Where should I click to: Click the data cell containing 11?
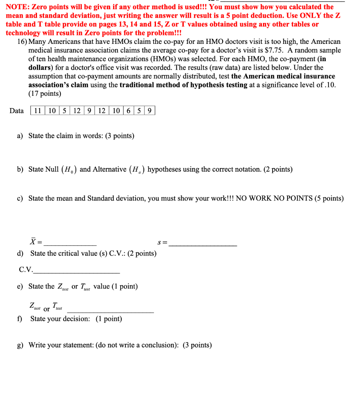click(x=38, y=111)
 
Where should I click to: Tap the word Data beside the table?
click(x=17, y=111)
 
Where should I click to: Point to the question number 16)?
click(x=22, y=42)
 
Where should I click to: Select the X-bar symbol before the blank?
click(x=33, y=242)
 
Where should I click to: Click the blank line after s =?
click(x=203, y=245)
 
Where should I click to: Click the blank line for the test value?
click(x=111, y=312)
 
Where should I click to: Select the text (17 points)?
click(x=45, y=93)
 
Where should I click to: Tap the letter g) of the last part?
click(x=20, y=345)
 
